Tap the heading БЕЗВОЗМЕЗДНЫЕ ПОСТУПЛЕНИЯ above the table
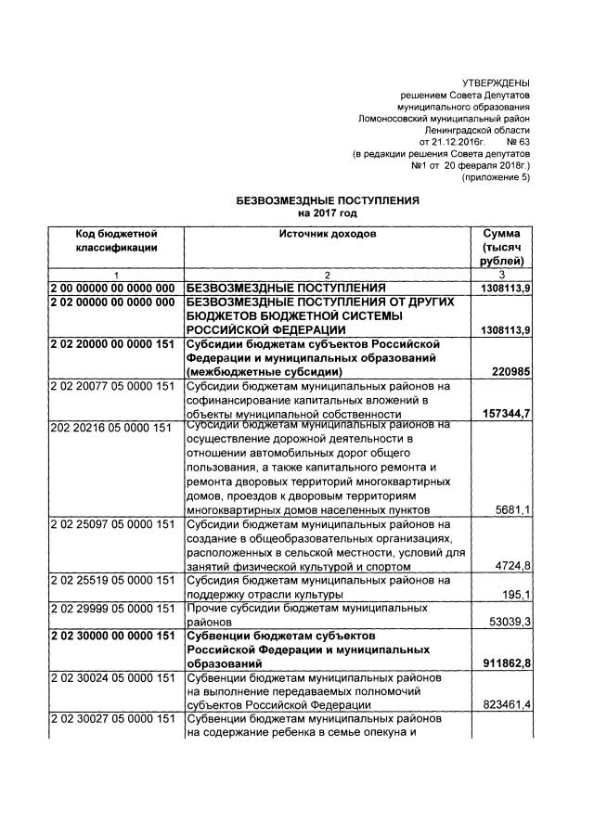(x=329, y=200)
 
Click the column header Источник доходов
(x=328, y=234)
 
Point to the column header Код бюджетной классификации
(x=117, y=240)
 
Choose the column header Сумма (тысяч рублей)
(x=501, y=248)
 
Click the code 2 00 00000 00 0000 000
(x=113, y=289)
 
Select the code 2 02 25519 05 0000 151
(x=113, y=580)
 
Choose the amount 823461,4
(x=502, y=705)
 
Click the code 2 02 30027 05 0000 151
(x=113, y=719)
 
